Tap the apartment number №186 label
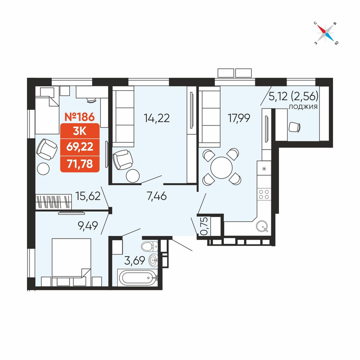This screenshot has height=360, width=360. (80, 117)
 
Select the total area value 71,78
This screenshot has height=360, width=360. (80, 164)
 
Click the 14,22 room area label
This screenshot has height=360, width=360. (157, 118)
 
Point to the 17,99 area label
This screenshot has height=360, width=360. (239, 118)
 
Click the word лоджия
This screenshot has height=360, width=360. (303, 107)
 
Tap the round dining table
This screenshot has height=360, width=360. (221, 168)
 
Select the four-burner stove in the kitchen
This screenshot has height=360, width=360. (264, 194)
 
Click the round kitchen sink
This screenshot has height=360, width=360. (262, 226)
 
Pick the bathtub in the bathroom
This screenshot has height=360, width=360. (138, 278)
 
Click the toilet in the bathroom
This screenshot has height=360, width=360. (149, 247)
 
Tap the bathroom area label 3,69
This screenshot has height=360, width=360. (135, 261)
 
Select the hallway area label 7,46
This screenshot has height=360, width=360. (157, 196)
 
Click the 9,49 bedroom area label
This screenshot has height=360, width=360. (88, 226)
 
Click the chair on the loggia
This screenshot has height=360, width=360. (294, 127)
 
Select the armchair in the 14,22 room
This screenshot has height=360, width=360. (123, 159)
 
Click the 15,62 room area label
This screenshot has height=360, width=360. (88, 196)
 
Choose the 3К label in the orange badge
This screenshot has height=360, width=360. (80, 131)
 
